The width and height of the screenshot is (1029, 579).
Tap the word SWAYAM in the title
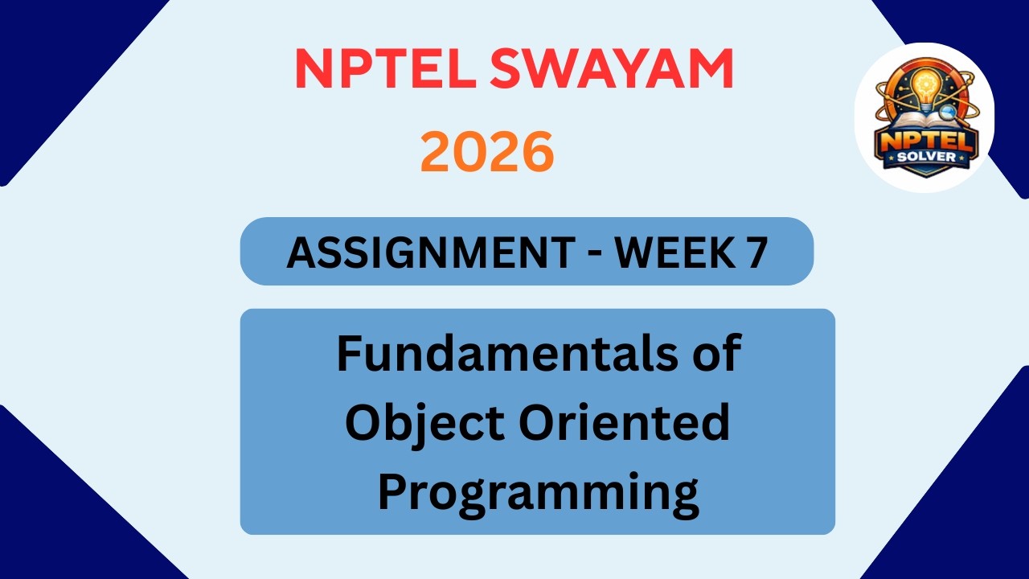[612, 69]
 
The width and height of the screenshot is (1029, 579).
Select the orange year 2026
[487, 153]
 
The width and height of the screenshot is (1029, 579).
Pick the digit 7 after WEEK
[754, 252]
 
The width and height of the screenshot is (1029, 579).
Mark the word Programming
[538, 494]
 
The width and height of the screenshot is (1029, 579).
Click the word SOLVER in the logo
[924, 157]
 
